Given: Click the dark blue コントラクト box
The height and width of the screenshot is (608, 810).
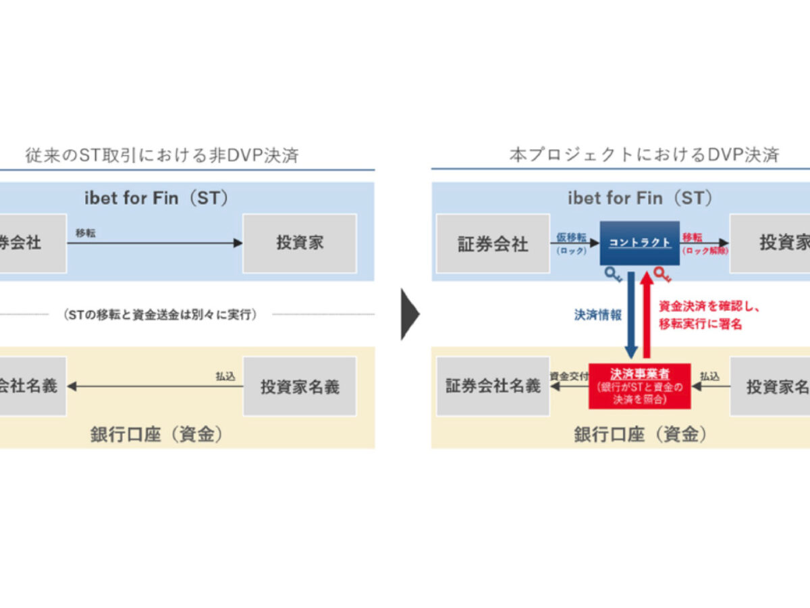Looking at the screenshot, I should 639,243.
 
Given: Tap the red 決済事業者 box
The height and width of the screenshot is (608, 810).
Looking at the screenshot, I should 640,386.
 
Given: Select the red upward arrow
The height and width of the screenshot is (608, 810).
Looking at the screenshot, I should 647,313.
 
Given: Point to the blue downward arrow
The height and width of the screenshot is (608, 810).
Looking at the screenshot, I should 631,313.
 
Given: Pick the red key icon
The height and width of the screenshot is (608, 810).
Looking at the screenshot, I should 663,274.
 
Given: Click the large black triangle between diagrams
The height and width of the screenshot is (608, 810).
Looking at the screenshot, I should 410,314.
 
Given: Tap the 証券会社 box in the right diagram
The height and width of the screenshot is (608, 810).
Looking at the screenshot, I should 493,243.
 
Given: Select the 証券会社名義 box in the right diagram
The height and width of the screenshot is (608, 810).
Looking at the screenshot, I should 493,386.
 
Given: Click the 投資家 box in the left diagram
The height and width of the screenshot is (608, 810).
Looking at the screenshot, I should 300,243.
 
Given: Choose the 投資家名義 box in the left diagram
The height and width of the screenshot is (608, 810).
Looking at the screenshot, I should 300,386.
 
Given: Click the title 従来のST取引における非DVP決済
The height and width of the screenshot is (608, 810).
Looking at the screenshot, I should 162,155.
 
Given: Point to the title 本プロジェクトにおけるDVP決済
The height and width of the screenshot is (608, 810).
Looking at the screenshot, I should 644,155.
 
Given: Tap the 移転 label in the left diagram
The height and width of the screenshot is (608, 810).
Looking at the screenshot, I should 86,232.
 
